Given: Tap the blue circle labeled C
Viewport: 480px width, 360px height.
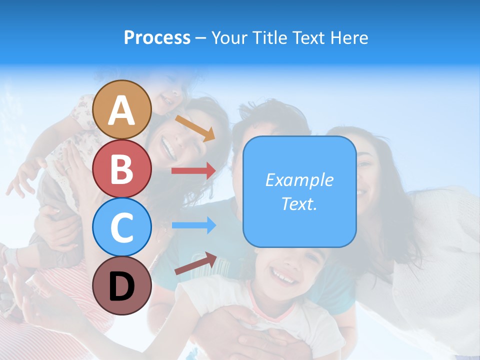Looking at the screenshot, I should [x=122, y=227].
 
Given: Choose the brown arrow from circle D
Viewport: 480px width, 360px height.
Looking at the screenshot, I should [x=195, y=263].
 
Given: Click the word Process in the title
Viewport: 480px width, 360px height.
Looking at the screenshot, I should [x=157, y=37].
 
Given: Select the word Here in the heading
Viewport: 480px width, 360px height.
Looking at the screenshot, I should [x=349, y=37].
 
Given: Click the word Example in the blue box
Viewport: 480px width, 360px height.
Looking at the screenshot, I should [x=299, y=180].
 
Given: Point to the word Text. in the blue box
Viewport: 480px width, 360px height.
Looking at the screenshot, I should [x=299, y=203].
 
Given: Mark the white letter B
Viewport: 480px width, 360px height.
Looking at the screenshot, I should [x=122, y=169].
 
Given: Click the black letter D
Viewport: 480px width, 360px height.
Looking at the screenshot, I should [x=122, y=286].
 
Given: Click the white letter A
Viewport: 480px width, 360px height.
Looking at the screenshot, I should [x=122, y=110].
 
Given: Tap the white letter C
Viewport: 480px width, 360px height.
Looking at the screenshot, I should [x=122, y=227].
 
